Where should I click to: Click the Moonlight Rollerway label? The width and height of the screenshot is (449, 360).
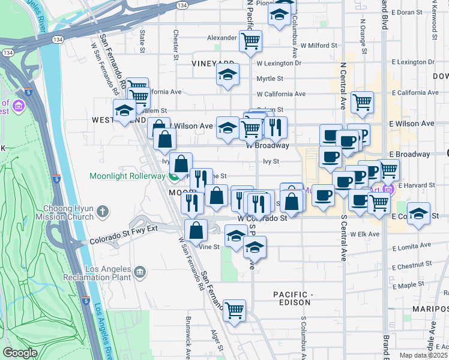coord(127,176)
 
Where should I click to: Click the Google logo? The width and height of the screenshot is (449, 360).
coord(20,353)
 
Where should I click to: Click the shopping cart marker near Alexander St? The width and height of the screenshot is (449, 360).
coord(250,41)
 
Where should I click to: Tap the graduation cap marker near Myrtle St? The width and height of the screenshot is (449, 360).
coord(228,75)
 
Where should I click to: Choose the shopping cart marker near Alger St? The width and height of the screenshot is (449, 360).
coord(234,310)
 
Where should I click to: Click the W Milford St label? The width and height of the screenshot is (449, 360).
coord(319,45)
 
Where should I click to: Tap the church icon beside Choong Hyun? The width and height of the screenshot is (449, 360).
coord(103,211)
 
